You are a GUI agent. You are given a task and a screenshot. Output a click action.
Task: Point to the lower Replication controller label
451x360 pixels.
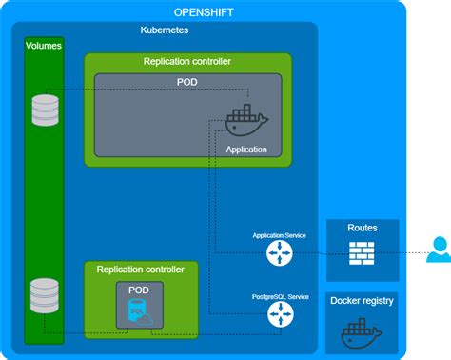click(141, 270)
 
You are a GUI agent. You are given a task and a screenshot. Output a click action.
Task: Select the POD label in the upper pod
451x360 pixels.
click(187, 82)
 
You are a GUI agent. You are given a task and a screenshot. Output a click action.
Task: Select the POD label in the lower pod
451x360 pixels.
click(140, 288)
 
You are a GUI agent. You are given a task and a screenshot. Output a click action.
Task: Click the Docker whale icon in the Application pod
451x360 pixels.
click(245, 121)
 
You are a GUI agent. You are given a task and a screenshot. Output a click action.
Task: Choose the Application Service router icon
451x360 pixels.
click(280, 252)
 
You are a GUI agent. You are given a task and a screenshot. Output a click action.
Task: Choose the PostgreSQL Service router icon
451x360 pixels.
click(280, 314)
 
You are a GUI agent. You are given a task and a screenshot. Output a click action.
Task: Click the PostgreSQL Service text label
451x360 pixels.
click(280, 295)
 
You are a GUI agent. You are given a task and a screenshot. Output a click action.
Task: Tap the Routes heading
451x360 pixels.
click(363, 229)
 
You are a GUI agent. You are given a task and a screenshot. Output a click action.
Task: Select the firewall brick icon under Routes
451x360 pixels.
click(363, 252)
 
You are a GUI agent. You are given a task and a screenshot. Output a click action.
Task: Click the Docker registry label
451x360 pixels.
click(363, 301)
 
